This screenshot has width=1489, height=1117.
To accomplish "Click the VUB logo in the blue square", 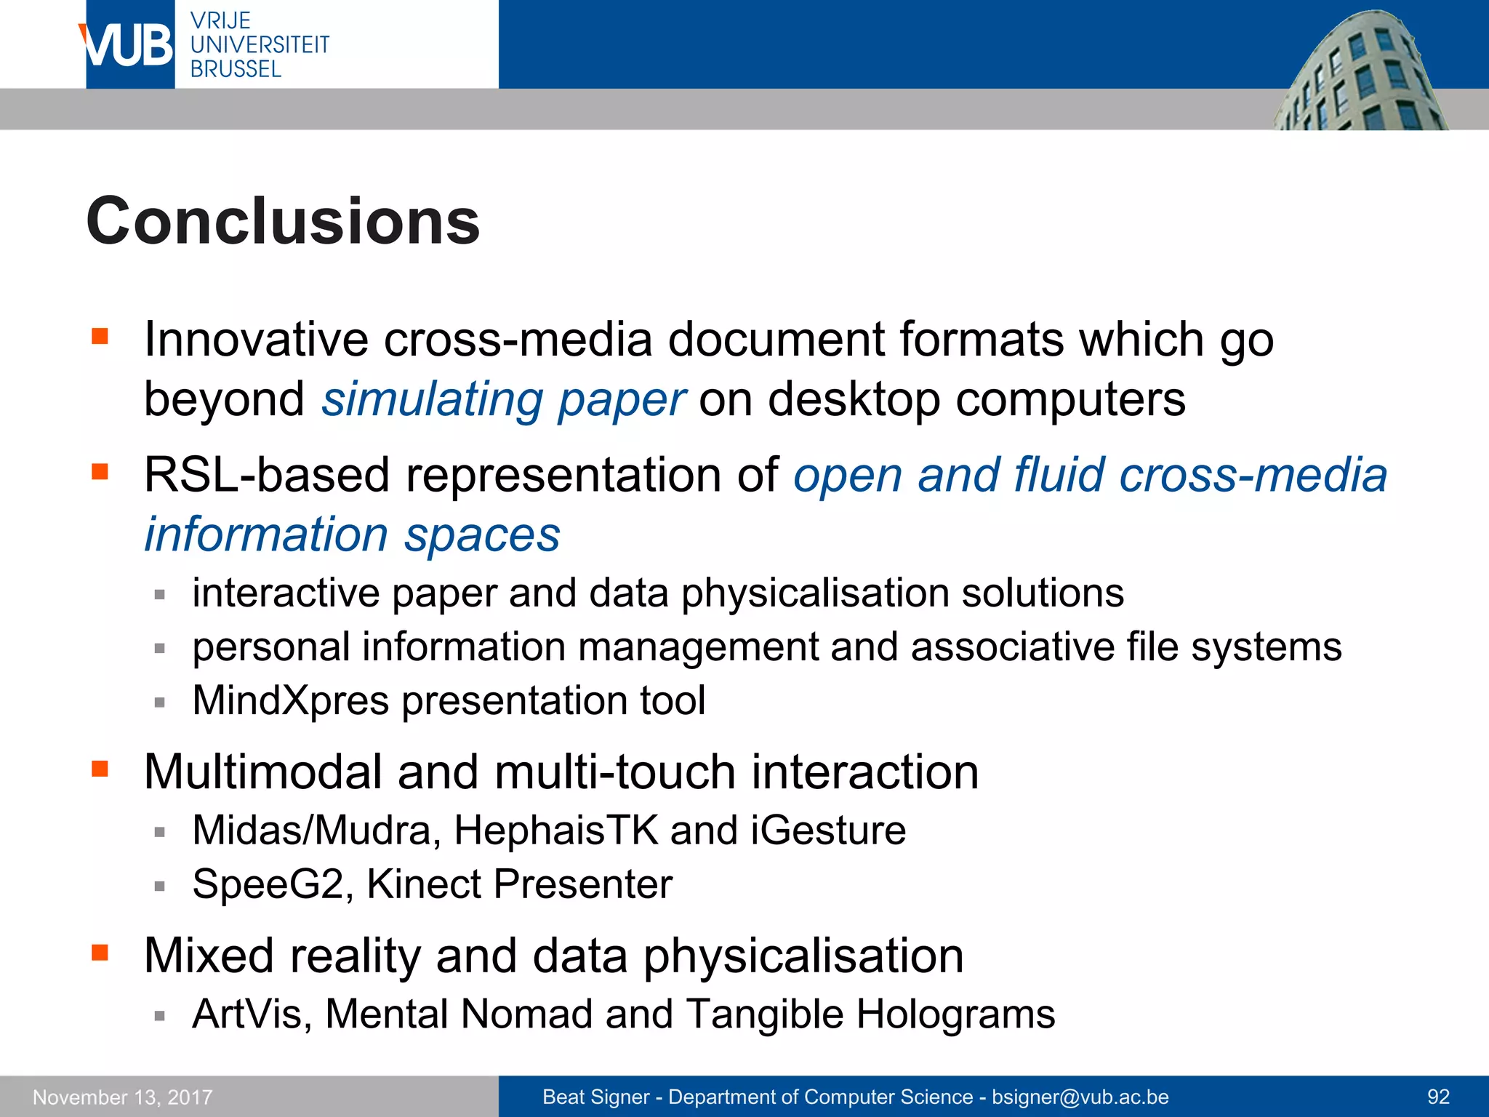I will [x=129, y=45].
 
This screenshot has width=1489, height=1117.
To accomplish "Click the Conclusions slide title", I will [x=283, y=221].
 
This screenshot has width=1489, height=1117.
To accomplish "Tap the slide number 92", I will [x=1438, y=1097].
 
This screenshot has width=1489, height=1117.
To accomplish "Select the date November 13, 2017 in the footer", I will [x=122, y=1097].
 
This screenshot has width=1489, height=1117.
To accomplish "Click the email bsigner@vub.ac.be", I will [x=1080, y=1097].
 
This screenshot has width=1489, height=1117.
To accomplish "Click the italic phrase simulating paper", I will [x=503, y=399].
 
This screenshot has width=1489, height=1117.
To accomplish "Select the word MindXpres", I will [x=290, y=700].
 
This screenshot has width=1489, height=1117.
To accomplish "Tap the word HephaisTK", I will [x=556, y=830].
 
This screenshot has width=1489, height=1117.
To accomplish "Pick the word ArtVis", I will [x=247, y=1014].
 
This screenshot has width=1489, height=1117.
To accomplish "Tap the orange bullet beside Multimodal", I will [x=100, y=769].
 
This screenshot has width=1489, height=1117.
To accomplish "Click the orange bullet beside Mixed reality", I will [x=100, y=953].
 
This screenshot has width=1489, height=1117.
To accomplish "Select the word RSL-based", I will [x=267, y=476].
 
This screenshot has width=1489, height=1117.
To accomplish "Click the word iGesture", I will [x=828, y=830].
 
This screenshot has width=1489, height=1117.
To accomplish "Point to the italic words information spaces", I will [x=352, y=535].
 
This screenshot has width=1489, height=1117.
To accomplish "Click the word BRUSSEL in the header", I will [x=236, y=69].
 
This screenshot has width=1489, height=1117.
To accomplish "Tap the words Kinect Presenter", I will [x=519, y=884].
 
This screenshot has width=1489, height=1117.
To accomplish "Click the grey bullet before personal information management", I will [x=160, y=648].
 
